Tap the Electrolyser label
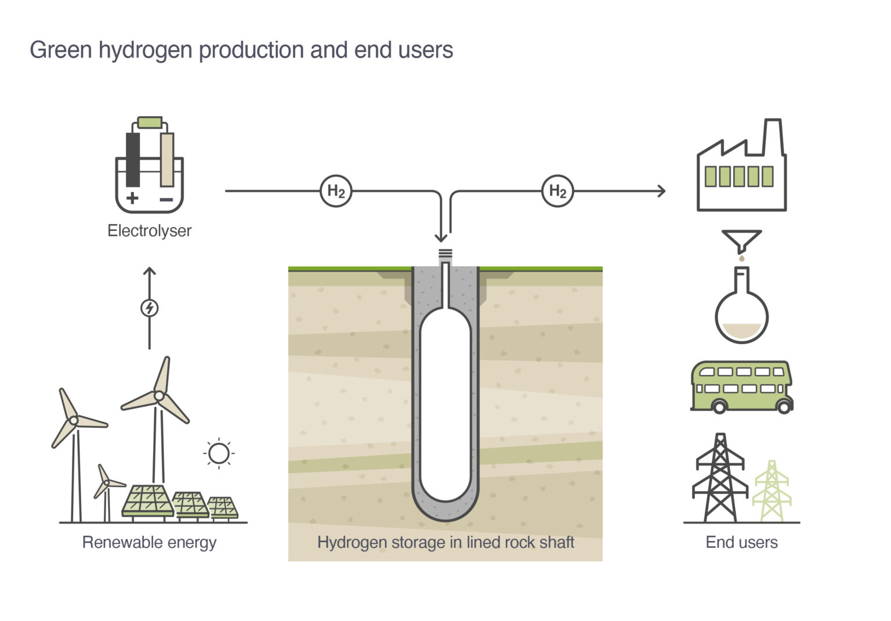[x=149, y=231]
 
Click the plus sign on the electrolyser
[x=132, y=198]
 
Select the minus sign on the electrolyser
[x=166, y=200]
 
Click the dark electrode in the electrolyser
[x=133, y=160]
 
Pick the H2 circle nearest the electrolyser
[x=336, y=191]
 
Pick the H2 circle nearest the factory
[x=557, y=191]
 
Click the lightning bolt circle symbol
[x=150, y=308]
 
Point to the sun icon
[x=219, y=453]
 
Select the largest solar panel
[x=147, y=500]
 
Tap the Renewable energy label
[x=149, y=543]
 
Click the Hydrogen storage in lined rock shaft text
[x=445, y=543]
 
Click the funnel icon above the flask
[x=741, y=240]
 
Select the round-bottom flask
[x=741, y=313]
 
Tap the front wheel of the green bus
[x=784, y=406]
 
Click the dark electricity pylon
[x=720, y=479]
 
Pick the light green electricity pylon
[x=772, y=490]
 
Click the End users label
[x=741, y=543]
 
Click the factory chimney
[x=773, y=137]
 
